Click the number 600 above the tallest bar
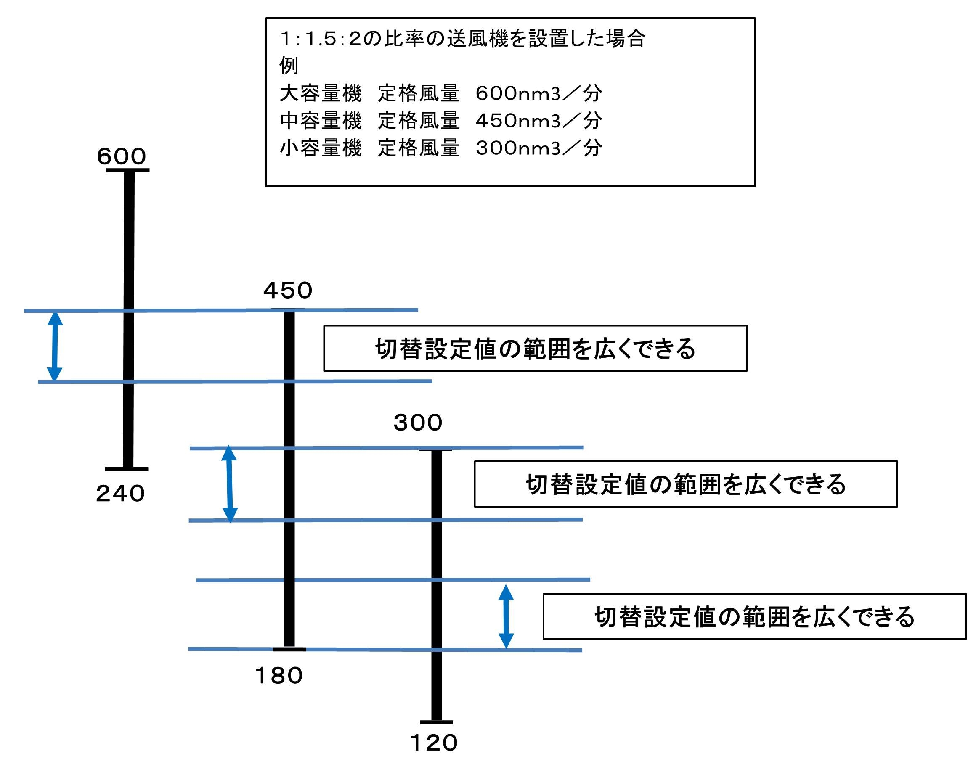[121, 156]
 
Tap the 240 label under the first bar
[120, 493]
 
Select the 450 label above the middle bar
[288, 290]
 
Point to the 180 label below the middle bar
[278, 676]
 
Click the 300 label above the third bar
[417, 423]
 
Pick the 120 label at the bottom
[433, 743]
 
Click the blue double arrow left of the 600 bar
[55, 346]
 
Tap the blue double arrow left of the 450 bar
[229, 484]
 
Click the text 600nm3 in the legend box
[518, 94]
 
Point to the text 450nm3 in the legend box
[518, 121]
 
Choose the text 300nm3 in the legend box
[518, 148]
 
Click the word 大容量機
[321, 94]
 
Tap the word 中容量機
[321, 121]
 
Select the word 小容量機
[321, 148]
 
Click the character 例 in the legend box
[289, 66]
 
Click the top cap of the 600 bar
[128, 170]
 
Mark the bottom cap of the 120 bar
[436, 722]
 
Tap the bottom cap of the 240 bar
[127, 469]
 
